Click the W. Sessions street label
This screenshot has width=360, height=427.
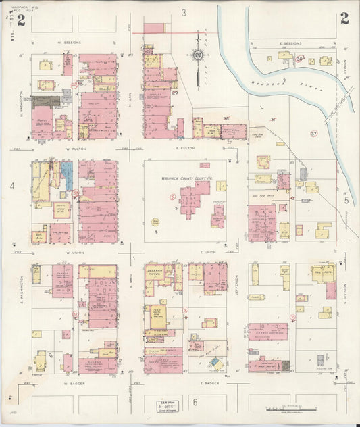pyautogui.click(x=70, y=43)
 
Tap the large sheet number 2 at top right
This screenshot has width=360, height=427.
pyautogui.click(x=344, y=19)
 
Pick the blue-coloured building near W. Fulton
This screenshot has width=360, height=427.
pyautogui.click(x=68, y=174)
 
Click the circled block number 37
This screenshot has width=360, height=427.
pyautogui.click(x=313, y=134)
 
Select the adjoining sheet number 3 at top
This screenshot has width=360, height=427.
pyautogui.click(x=184, y=13)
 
